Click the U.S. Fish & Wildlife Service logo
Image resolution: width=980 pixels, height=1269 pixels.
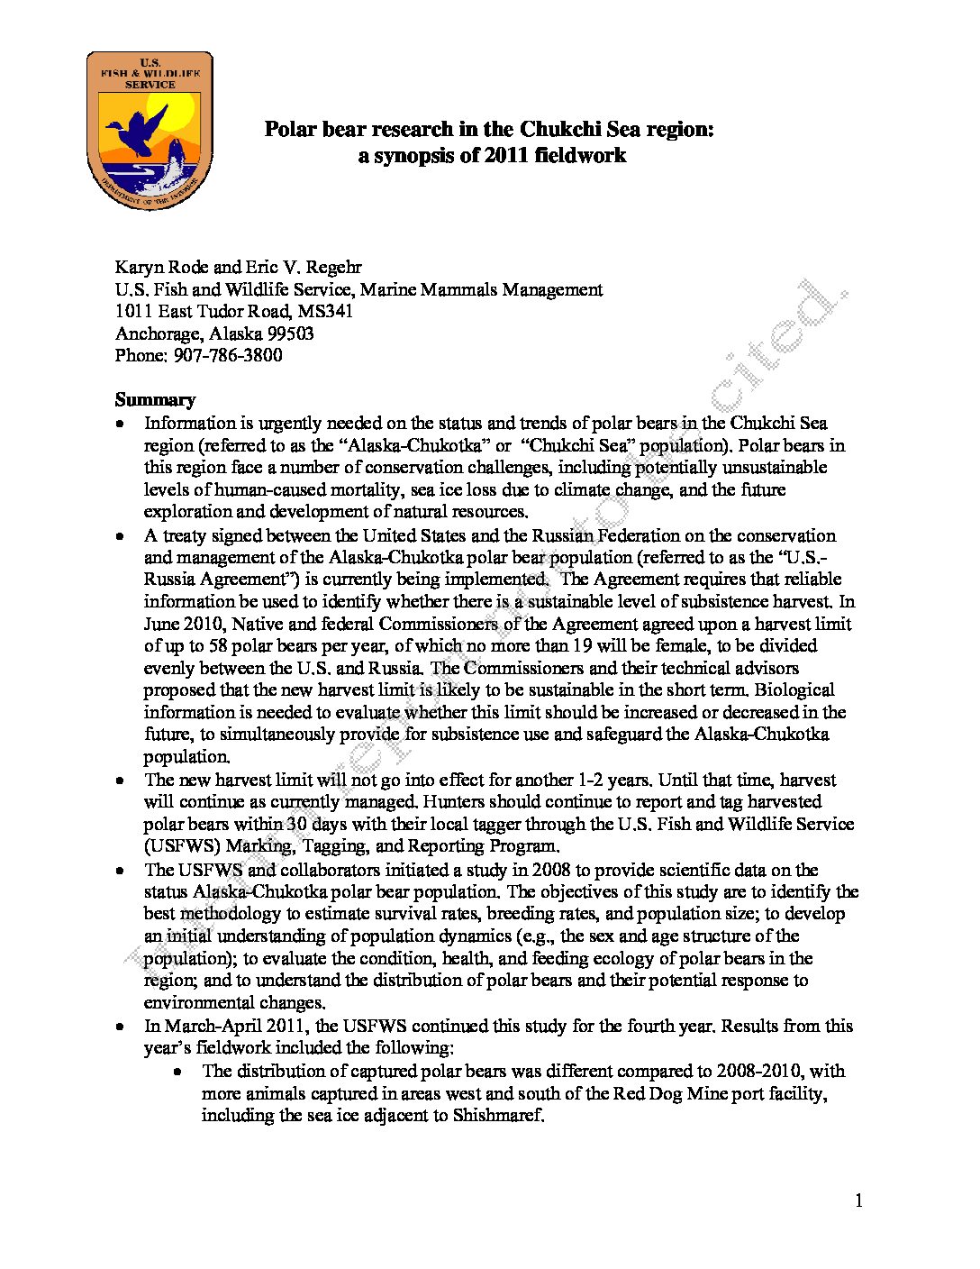(150, 130)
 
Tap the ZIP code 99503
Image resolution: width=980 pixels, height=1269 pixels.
(290, 333)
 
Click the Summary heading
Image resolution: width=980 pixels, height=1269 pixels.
(155, 399)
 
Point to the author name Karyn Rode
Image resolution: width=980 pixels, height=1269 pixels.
(162, 267)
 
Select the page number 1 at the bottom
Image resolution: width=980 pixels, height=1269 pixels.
(858, 1200)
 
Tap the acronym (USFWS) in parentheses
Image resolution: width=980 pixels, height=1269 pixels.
(182, 846)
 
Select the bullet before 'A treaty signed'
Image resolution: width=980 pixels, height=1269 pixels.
(121, 536)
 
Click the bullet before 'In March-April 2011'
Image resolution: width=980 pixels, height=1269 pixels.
(121, 1027)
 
